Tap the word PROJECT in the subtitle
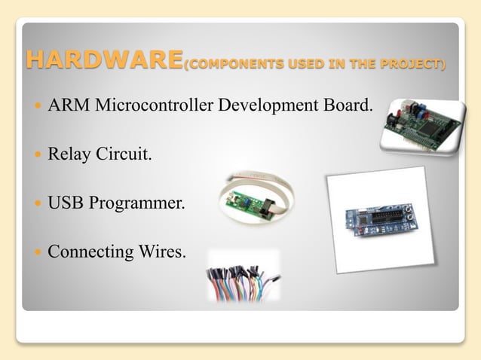click(417, 65)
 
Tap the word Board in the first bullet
click(349, 104)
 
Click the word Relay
click(67, 155)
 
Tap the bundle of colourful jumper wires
click(241, 279)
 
